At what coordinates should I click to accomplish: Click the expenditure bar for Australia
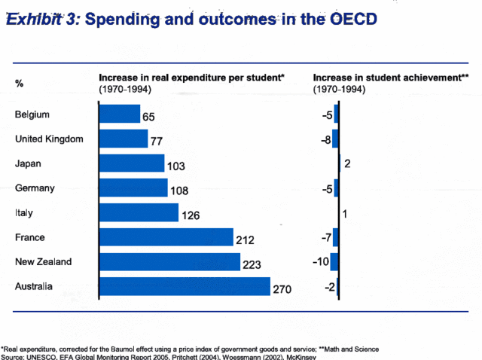coord(185,287)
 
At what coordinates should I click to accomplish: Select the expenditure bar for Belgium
coord(120,114)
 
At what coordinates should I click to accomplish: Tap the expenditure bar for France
coord(166,238)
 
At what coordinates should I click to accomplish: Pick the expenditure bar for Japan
coord(132,163)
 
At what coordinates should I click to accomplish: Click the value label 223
coord(252,265)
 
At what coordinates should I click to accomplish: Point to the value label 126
coord(190,216)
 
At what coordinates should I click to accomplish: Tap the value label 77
coord(157,142)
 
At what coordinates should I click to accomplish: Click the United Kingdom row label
coord(49,139)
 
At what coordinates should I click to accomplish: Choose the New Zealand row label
coord(43,262)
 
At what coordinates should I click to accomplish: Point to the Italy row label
coord(24,213)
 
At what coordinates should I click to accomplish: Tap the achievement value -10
coord(320,262)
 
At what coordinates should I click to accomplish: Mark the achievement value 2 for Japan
coord(347,163)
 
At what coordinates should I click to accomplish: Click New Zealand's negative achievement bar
coord(334,262)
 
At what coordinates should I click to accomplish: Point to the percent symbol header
coord(19,83)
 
